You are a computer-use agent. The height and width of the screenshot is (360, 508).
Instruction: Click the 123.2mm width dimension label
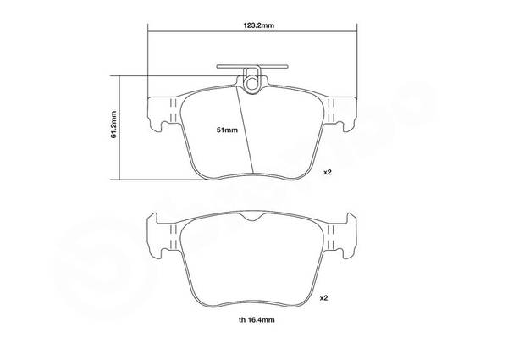(258, 25)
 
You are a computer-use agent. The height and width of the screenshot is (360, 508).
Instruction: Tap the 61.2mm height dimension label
(113, 125)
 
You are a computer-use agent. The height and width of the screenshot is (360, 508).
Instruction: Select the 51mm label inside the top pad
(227, 130)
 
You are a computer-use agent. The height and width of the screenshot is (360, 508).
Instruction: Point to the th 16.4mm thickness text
(257, 320)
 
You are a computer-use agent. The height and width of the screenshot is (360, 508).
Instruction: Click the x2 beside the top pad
(328, 173)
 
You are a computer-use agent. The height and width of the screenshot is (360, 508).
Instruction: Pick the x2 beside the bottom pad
(323, 298)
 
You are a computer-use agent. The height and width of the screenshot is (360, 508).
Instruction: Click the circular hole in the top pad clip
(251, 84)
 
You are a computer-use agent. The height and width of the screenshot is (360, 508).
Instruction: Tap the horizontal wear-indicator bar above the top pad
(252, 66)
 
